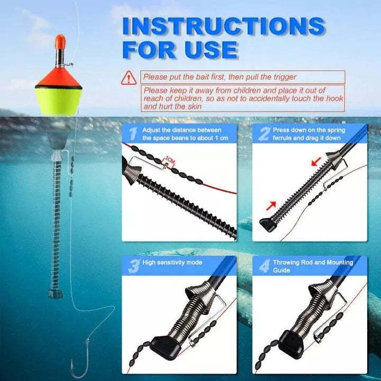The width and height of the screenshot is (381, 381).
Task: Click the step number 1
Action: pos(132,134)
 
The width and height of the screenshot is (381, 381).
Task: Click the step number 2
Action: pos(263,134)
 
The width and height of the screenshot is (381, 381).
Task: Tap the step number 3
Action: pos(133,266)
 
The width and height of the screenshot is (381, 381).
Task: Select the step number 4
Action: pos(263,266)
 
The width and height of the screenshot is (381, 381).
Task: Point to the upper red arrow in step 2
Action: pos(315,161)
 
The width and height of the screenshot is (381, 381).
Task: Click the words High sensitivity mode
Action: pos(172,262)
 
